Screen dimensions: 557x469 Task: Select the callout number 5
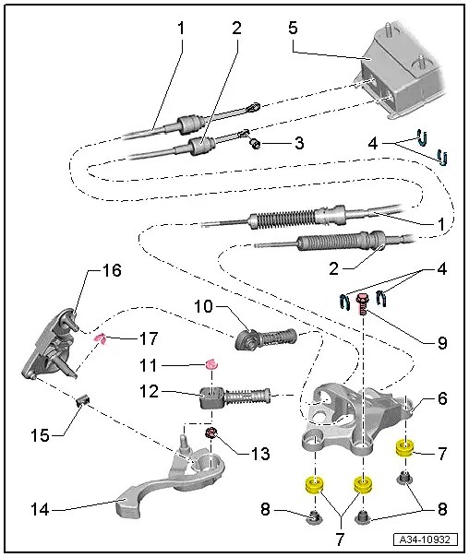293,27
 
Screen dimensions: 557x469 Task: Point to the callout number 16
110,271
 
